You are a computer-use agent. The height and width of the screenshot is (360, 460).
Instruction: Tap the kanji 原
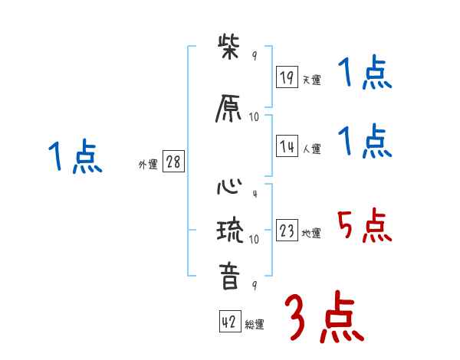click(229, 109)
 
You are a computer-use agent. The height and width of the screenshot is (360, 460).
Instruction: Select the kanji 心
click(229, 187)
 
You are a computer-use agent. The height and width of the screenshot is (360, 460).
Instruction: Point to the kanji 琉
click(229, 231)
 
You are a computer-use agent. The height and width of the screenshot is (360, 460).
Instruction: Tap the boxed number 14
click(287, 147)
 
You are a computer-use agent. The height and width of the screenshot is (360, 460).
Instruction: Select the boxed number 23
click(287, 231)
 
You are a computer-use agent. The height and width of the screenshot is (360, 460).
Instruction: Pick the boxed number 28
click(173, 162)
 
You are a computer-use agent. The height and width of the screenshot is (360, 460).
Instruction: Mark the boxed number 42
click(229, 322)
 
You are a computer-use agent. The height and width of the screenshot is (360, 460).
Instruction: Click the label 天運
click(311, 79)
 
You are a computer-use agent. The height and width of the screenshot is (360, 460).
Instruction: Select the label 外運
click(147, 165)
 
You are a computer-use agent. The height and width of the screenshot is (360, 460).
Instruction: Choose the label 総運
click(255, 325)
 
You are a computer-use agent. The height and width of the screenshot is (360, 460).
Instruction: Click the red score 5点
click(363, 224)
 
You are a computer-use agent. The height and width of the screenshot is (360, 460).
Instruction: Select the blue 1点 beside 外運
click(74, 157)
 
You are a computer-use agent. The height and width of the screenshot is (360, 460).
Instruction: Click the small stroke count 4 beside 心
click(254, 193)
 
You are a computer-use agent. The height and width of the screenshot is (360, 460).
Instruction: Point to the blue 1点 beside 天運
click(365, 74)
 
